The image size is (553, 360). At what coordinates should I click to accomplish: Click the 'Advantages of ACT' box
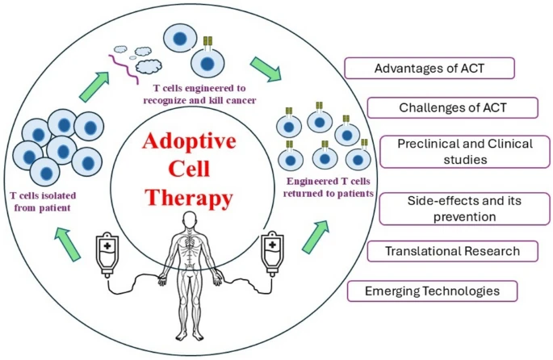[429, 67]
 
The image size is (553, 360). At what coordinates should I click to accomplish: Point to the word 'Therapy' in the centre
[188, 196]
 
